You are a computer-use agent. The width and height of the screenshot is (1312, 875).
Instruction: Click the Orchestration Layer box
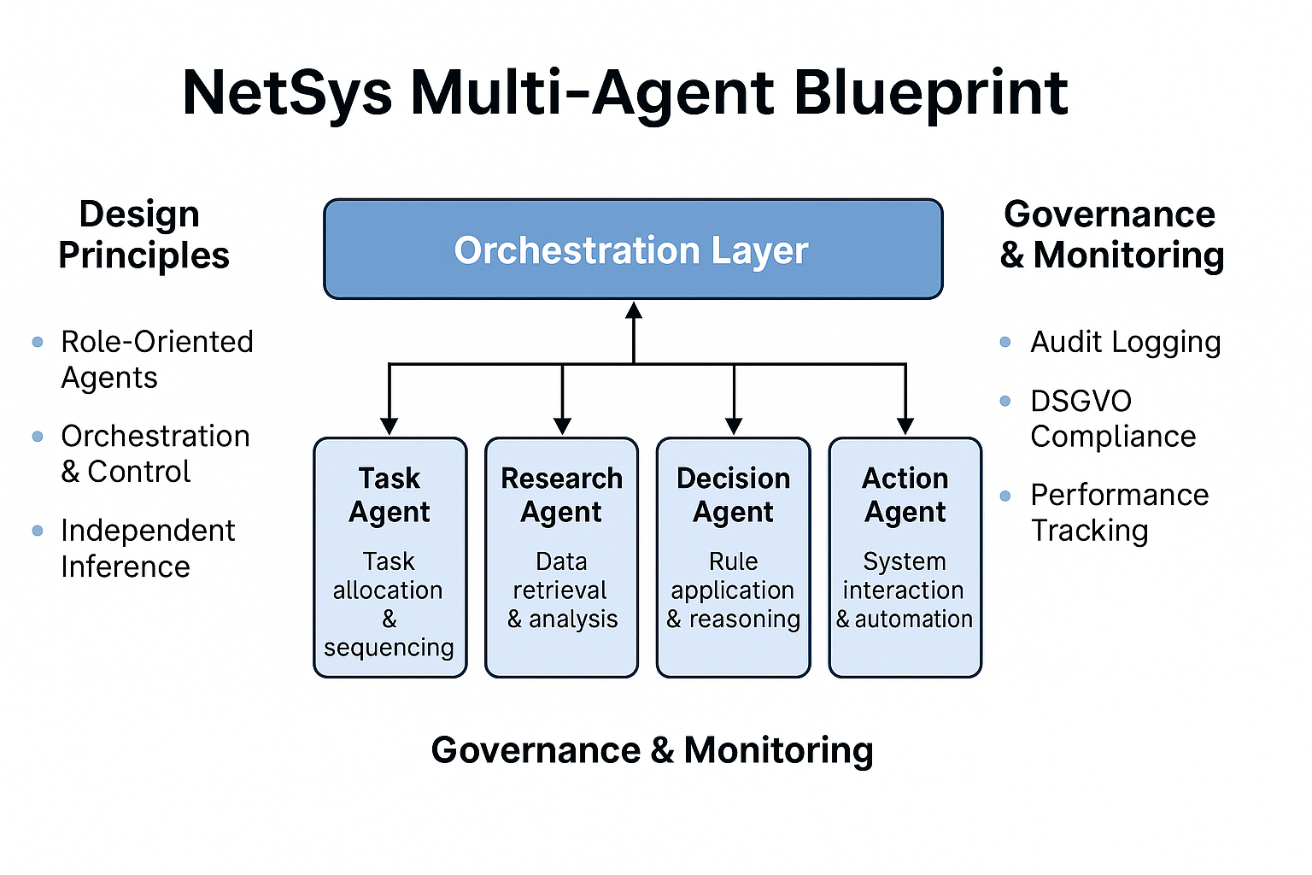pyautogui.click(x=632, y=250)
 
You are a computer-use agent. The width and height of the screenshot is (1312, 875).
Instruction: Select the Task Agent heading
pyautogui.click(x=389, y=495)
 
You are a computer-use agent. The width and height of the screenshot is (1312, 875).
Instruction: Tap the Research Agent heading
pyautogui.click(x=561, y=495)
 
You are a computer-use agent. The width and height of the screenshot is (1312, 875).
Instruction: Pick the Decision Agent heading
pyautogui.click(x=733, y=495)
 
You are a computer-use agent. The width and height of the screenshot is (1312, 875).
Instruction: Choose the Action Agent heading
pyautogui.click(x=905, y=495)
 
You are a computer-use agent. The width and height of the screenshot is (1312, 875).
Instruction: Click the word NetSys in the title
pyautogui.click(x=287, y=92)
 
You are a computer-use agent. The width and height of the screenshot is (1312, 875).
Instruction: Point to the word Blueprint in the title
pyautogui.click(x=930, y=92)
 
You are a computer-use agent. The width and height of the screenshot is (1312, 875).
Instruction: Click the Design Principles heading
pyautogui.click(x=143, y=234)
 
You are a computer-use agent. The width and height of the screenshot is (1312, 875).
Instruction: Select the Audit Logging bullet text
pyautogui.click(x=1125, y=342)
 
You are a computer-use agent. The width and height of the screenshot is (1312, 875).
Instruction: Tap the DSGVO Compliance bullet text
pyautogui.click(x=1112, y=419)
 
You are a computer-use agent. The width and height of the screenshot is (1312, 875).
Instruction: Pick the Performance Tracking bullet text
pyautogui.click(x=1119, y=513)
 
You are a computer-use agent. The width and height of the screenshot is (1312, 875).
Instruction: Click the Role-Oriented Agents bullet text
pyautogui.click(x=156, y=360)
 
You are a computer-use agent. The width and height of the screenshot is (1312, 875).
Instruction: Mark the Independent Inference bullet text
pyautogui.click(x=147, y=549)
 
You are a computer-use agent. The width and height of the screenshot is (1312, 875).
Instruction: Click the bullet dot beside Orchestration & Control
pyautogui.click(x=38, y=437)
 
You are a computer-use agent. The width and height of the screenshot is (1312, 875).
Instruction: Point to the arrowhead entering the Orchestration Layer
pyautogui.click(x=633, y=310)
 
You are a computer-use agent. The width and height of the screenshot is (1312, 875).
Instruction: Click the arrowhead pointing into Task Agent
pyautogui.click(x=389, y=426)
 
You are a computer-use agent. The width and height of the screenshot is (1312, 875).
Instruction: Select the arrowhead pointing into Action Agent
pyautogui.click(x=905, y=426)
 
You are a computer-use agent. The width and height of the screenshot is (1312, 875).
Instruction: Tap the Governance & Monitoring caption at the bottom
pyautogui.click(x=652, y=750)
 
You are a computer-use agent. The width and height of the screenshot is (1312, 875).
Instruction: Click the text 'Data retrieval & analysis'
pyautogui.click(x=561, y=590)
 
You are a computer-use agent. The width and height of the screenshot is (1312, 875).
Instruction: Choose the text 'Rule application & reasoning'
pyautogui.click(x=733, y=590)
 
